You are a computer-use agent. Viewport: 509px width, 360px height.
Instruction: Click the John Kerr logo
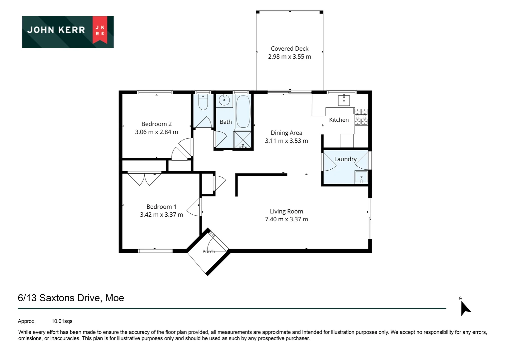pos(68,32)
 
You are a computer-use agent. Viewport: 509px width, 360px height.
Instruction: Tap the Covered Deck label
pos(289,48)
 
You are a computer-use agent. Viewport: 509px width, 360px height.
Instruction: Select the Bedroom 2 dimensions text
pos(156,132)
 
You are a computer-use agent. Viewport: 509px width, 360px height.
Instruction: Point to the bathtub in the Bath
pos(243,111)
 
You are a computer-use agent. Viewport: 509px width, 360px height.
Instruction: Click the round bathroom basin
pos(224,100)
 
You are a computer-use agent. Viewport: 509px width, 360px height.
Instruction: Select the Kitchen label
pos(339,120)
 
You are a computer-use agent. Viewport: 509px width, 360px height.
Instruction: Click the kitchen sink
pos(344,100)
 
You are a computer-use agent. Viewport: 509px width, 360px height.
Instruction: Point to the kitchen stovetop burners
pos(361,116)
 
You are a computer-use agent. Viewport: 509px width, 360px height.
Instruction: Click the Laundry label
pos(345,159)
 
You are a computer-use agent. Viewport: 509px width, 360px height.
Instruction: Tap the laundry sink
pos(361,177)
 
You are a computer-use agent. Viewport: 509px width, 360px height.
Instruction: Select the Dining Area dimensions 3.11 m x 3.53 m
pos(286,141)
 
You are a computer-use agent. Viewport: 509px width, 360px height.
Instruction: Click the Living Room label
pos(286,211)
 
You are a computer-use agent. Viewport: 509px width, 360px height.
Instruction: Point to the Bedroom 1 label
pos(161,206)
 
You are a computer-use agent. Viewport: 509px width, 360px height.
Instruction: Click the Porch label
pos(209,251)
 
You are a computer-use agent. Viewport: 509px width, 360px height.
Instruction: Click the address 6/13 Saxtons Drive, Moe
pos(71,298)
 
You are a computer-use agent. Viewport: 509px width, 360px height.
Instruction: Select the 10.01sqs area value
pos(62,321)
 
